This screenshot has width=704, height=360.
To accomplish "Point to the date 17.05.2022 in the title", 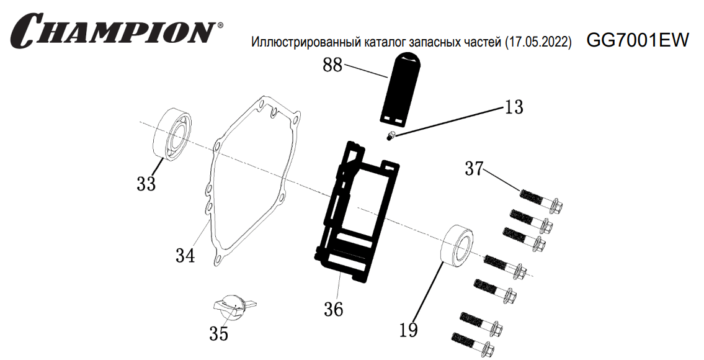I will point(538,43).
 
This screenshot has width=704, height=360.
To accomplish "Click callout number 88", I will point(332,65).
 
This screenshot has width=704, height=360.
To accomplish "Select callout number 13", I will point(514,107).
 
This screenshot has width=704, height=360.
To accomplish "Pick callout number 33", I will point(146,184).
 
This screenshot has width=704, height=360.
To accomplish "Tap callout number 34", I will point(185,255).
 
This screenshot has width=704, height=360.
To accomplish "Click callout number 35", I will point(218,334).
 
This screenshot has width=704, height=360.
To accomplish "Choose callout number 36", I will point(334,308).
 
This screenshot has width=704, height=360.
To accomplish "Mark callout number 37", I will point(474,168).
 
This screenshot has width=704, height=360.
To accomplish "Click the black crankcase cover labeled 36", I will point(356,211).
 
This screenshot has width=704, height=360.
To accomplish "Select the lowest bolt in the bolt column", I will point(475,344).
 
